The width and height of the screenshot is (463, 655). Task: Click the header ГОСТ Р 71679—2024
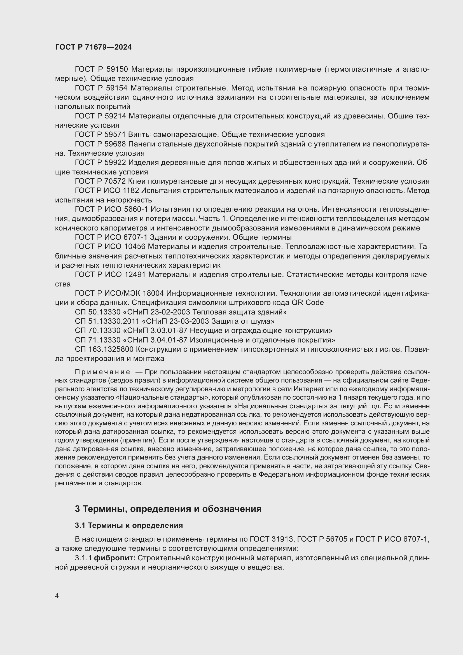click(x=93, y=47)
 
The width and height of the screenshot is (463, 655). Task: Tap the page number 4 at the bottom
click(x=57, y=596)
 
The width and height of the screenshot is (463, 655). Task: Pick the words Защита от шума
click(x=243, y=321)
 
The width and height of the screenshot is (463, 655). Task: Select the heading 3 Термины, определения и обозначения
click(x=168, y=509)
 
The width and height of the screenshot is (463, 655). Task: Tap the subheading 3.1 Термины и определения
click(x=128, y=525)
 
